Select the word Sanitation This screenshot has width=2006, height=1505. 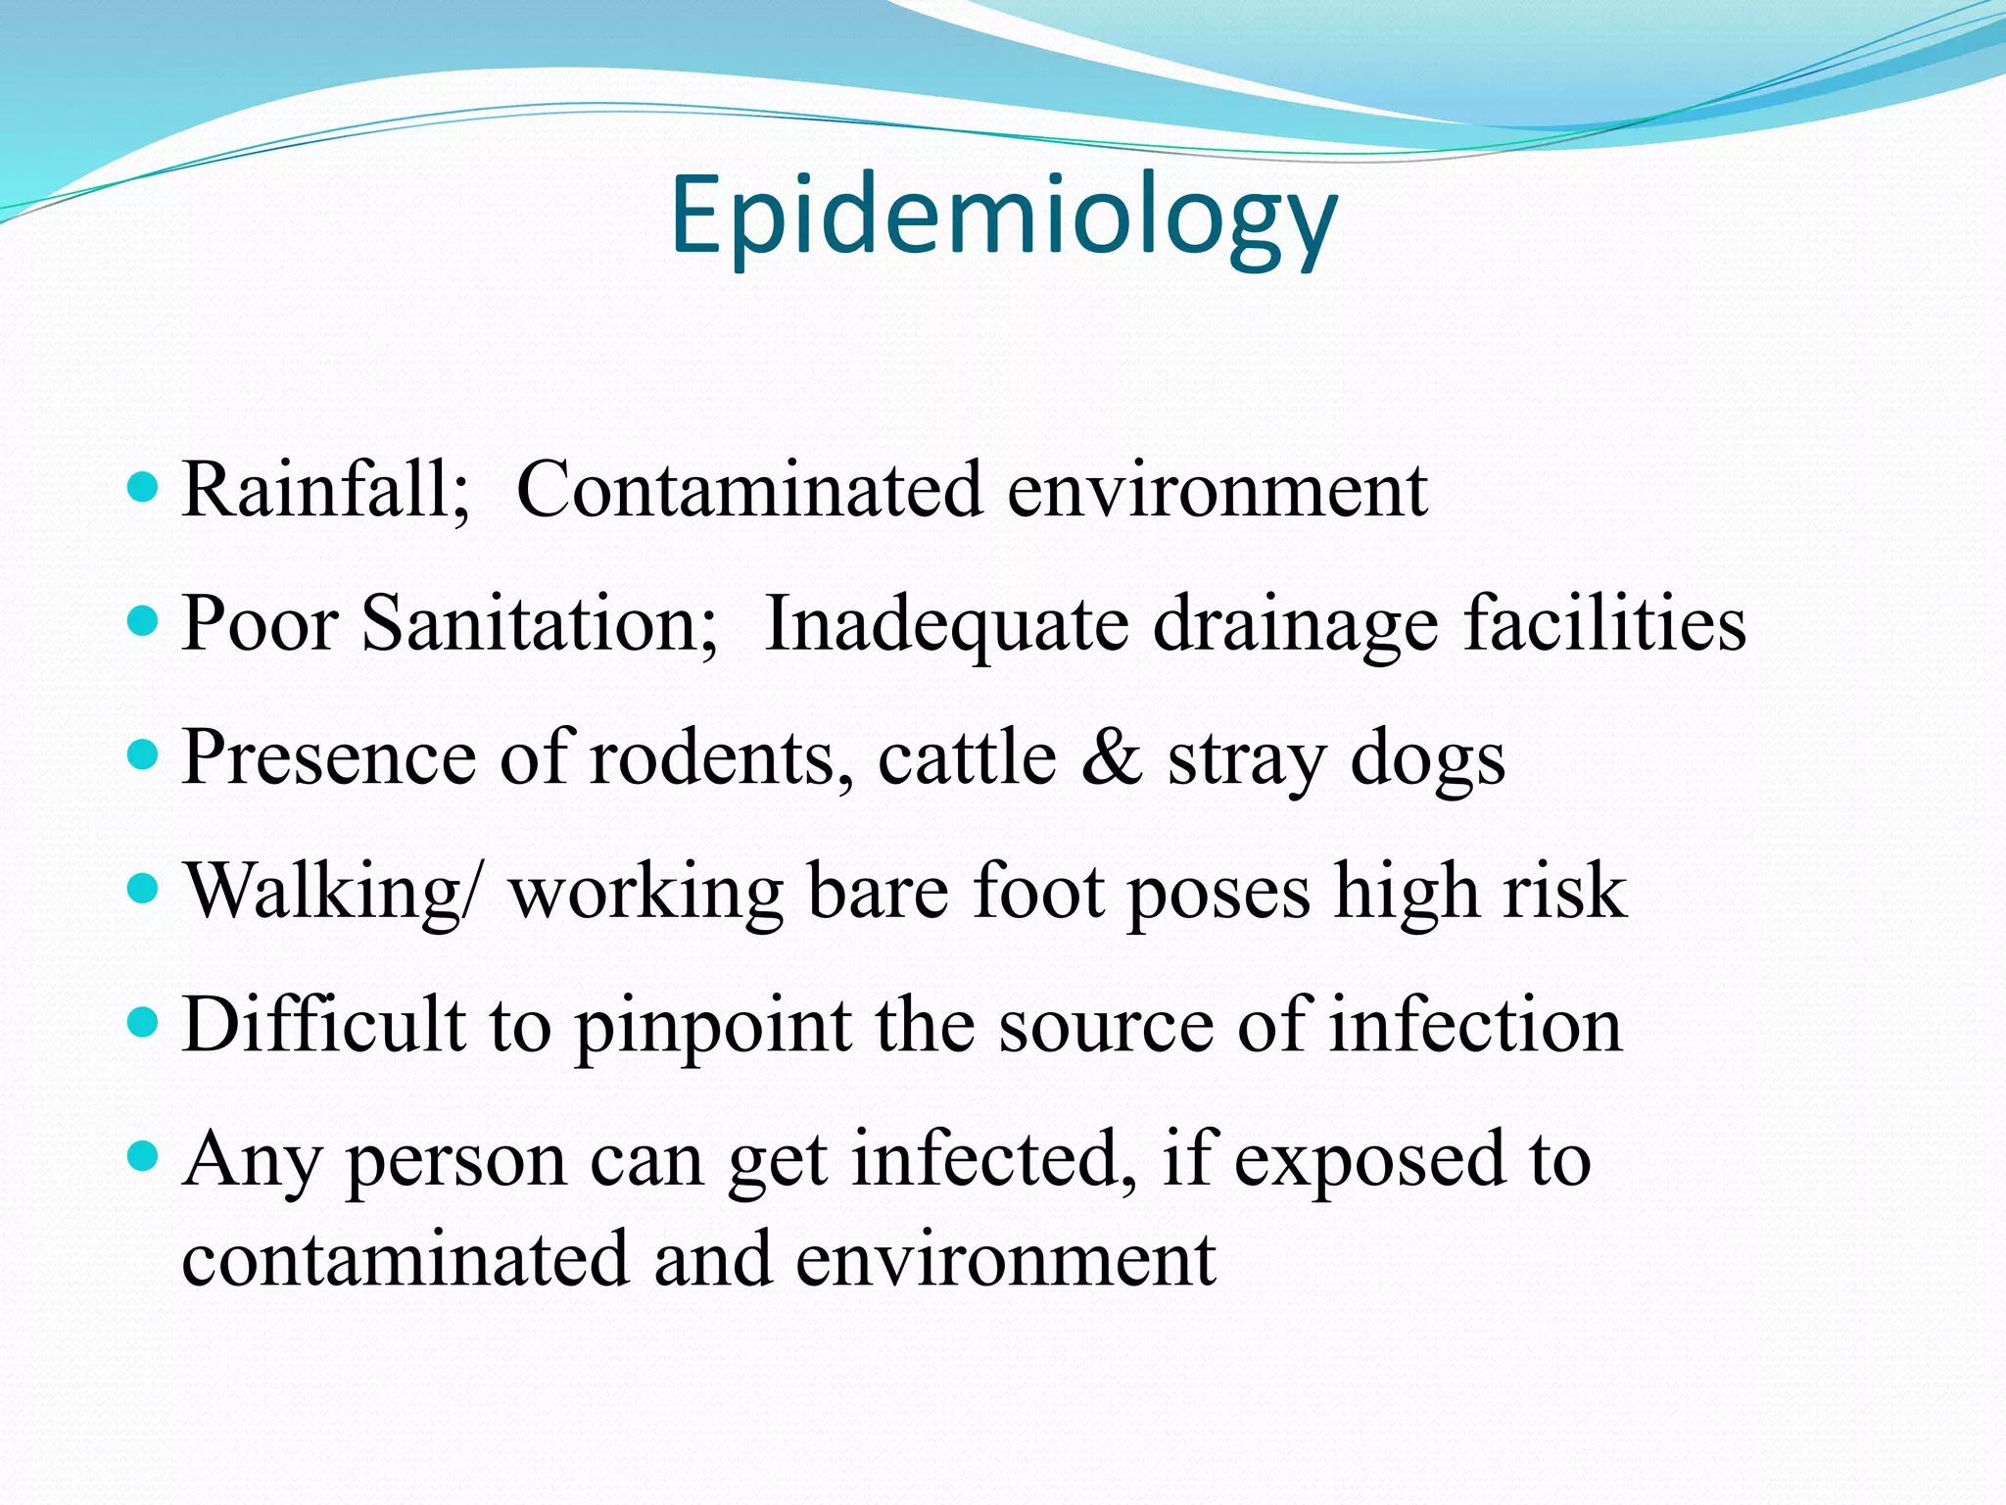540,623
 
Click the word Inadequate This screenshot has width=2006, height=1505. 945,625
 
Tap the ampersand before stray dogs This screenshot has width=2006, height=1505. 1112,757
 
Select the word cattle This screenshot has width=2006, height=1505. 967,757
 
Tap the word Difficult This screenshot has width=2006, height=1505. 323,1024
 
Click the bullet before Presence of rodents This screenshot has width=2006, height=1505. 143,754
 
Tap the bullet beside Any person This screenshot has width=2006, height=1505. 143,1156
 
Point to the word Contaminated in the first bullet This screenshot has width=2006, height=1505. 748,489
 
